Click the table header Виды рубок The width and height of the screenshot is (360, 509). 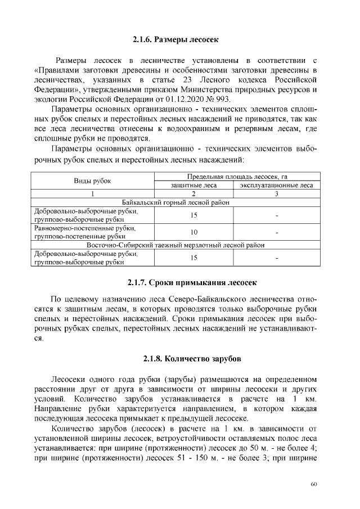tap(93, 181)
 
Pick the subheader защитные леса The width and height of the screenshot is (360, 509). tap(193, 184)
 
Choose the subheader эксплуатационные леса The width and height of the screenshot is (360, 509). tap(277, 184)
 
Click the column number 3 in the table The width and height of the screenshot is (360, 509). tap(277, 193)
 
